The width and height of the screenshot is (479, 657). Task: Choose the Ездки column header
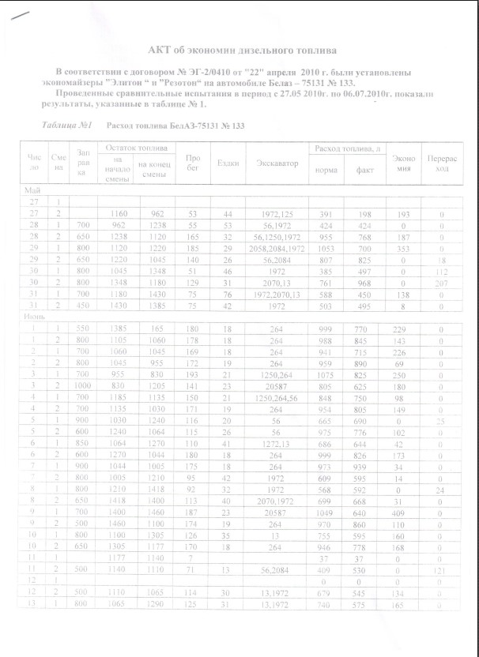(228, 163)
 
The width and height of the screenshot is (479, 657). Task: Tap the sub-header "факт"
(365, 170)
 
